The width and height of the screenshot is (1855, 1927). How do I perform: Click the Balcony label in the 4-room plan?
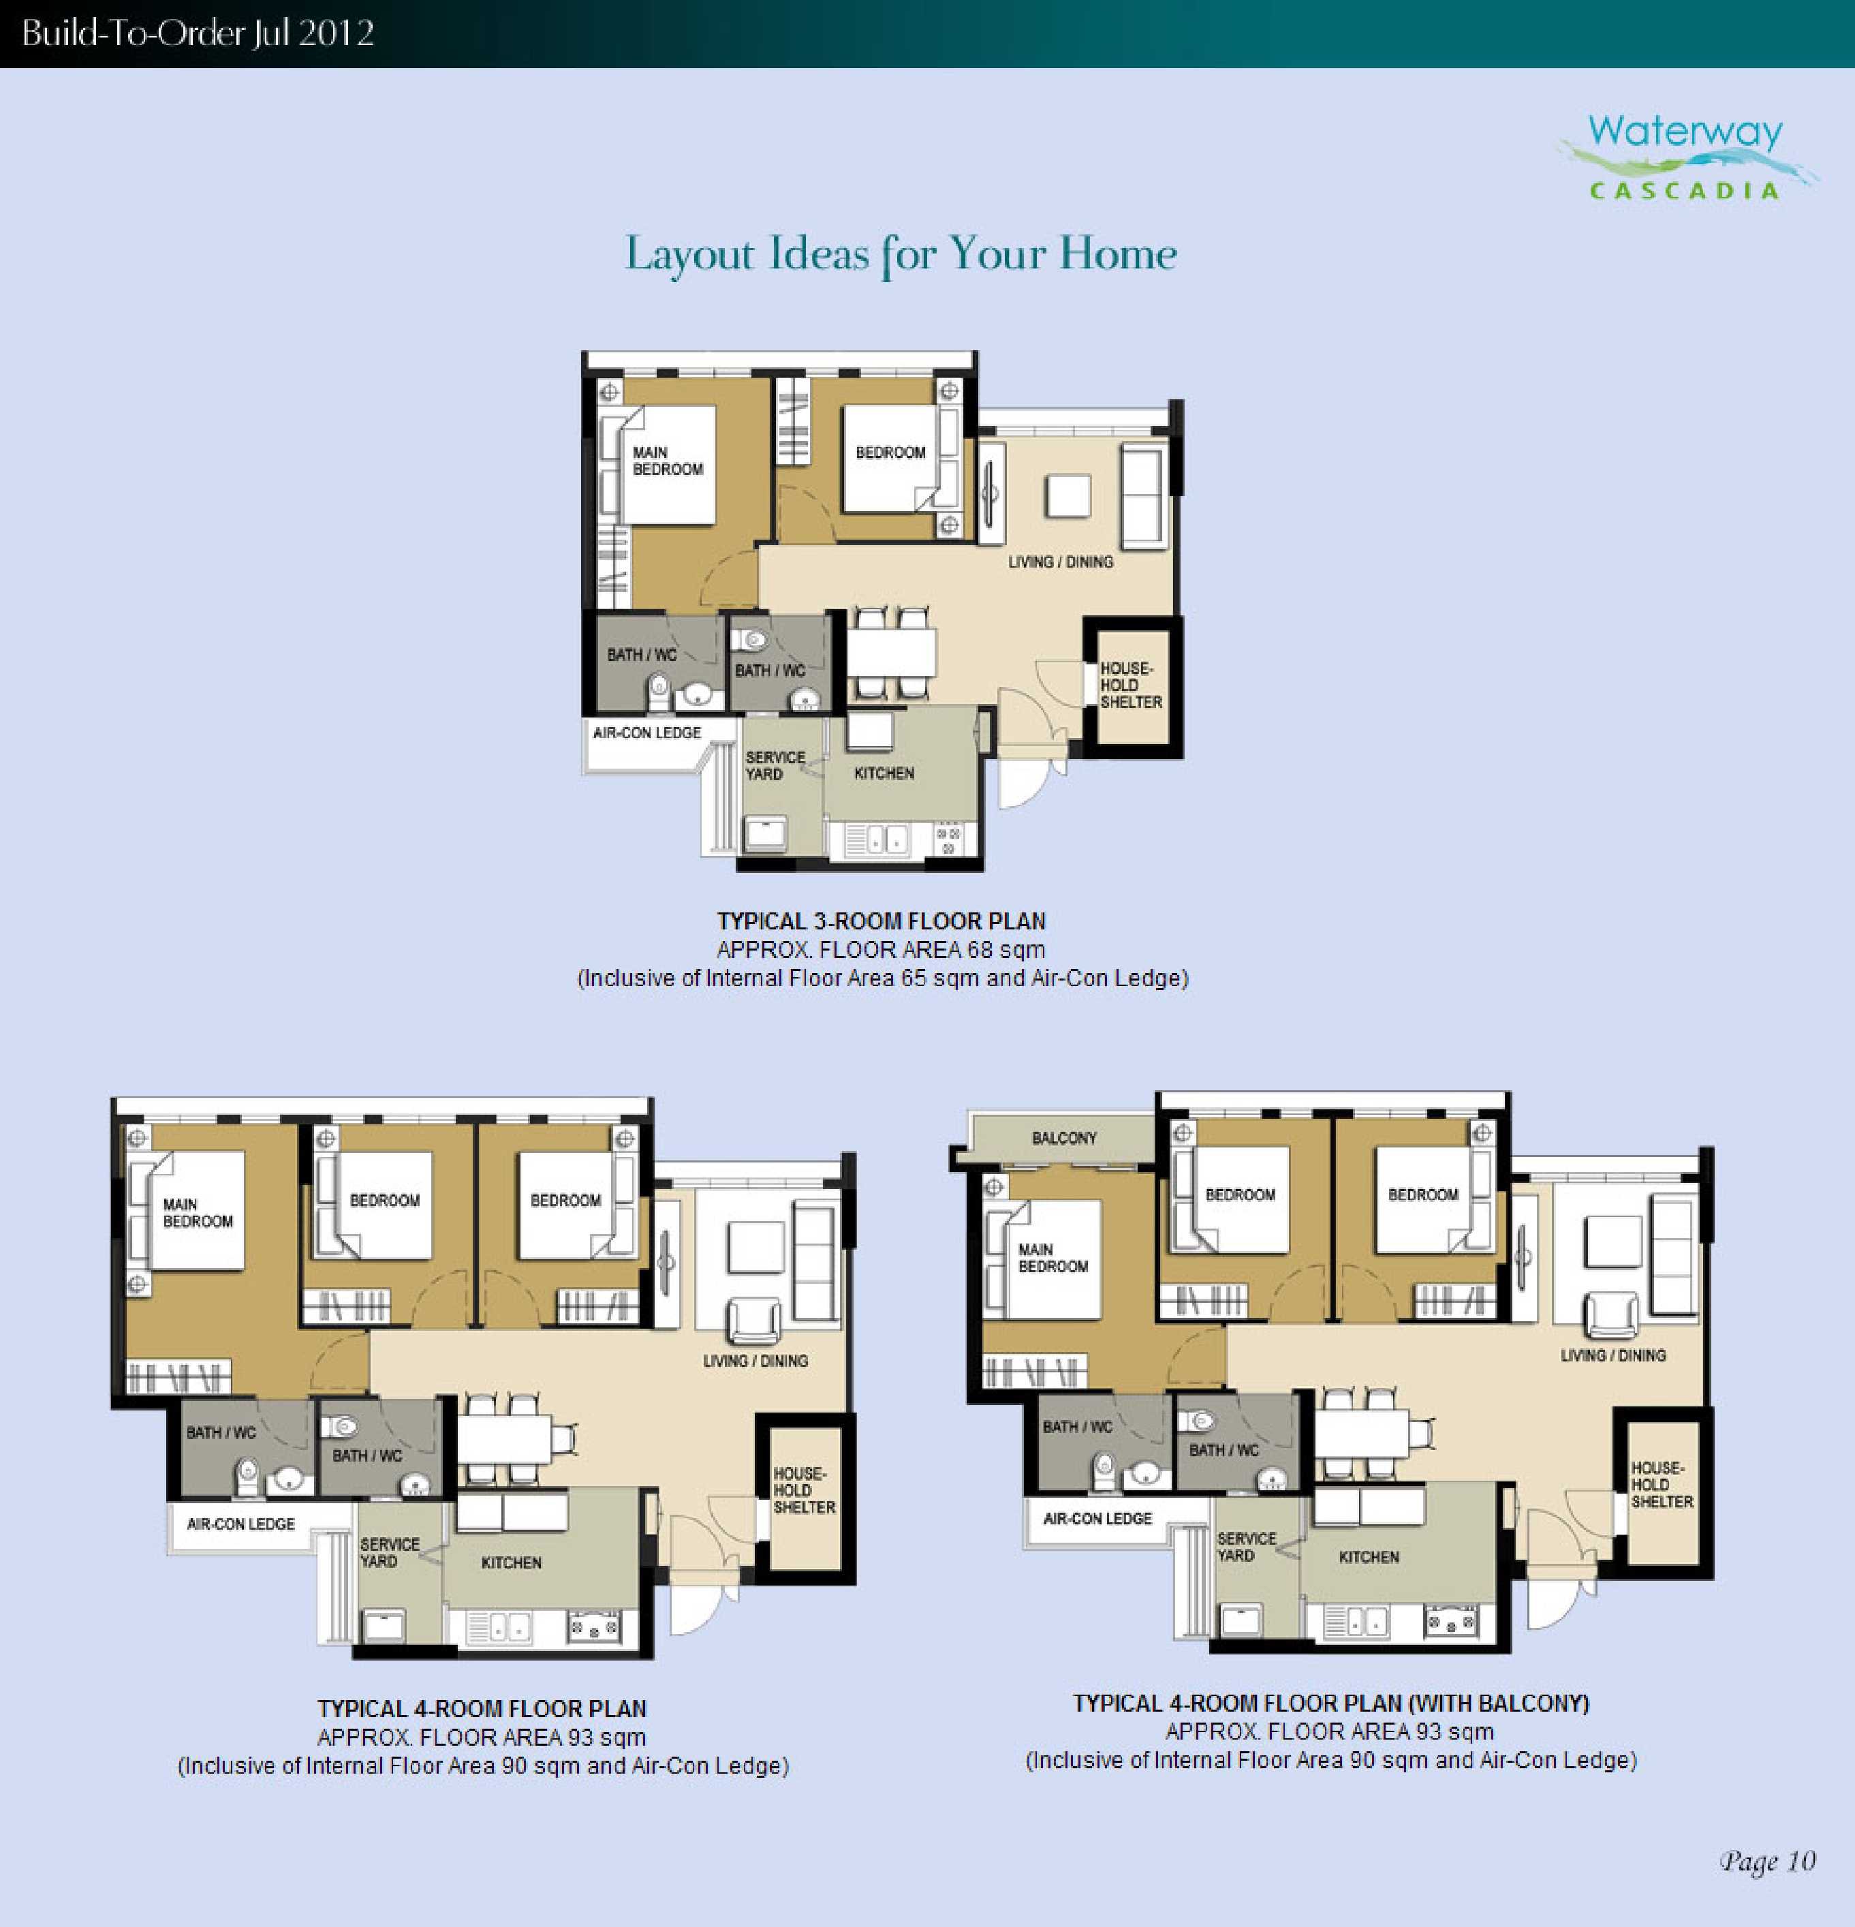pos(1063,1137)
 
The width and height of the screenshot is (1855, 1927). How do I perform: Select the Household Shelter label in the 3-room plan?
pos(1130,685)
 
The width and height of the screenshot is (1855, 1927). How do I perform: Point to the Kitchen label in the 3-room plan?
pos(884,774)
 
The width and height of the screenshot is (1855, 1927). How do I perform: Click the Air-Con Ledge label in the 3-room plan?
pos(647,733)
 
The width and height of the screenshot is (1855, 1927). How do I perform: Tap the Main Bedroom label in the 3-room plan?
pos(668,461)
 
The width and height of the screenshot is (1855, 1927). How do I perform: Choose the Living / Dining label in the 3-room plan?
pos(1061,562)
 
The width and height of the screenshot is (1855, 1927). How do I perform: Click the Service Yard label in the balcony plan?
pos(1247,1547)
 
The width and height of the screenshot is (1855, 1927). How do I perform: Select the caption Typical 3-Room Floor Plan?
pos(881,921)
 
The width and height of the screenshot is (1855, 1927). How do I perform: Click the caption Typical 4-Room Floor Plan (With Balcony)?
pos(1331,1703)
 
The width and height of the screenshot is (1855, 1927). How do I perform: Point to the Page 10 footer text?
pos(1766,1860)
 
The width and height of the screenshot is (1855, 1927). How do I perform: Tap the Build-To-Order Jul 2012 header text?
pos(198,33)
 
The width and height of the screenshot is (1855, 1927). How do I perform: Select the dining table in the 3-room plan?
pos(890,651)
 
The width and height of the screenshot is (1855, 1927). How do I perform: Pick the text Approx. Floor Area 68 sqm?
pos(881,950)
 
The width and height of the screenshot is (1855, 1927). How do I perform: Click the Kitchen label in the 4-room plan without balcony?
pos(511,1562)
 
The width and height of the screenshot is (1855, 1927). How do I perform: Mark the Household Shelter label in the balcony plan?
pos(1662,1485)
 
